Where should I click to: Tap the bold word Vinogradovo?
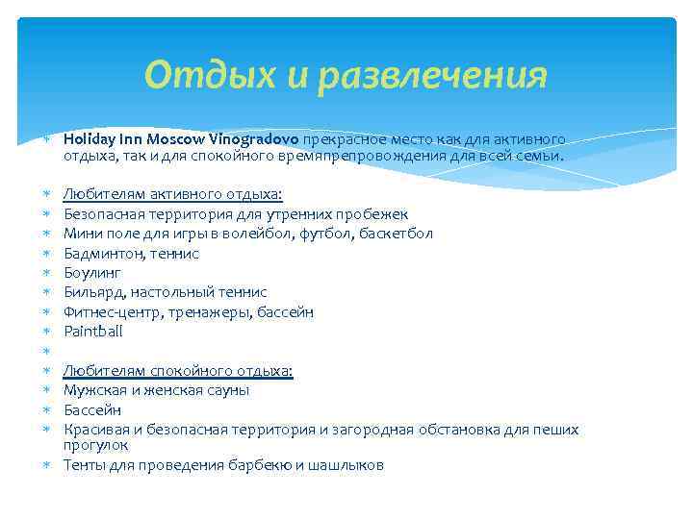click(253, 138)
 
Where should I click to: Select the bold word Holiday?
click(89, 138)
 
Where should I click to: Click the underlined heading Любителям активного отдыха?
click(173, 194)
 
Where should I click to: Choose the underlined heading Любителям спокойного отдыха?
click(178, 370)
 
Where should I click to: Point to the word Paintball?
click(92, 332)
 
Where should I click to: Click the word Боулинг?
click(92, 273)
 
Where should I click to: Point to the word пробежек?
click(376, 214)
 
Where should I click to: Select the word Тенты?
click(85, 466)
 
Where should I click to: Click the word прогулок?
click(96, 446)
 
